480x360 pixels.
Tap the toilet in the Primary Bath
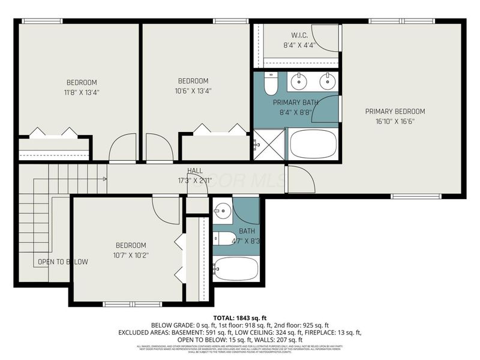(x=270, y=85)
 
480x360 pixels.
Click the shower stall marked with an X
(x=268, y=145)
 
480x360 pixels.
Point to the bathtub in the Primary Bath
(x=313, y=144)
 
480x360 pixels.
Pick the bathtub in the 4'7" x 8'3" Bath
(x=236, y=268)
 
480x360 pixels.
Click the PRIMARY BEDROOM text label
(x=395, y=112)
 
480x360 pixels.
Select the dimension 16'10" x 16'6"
(x=395, y=121)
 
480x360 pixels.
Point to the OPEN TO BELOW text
(x=63, y=262)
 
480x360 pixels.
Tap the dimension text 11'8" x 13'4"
(x=82, y=92)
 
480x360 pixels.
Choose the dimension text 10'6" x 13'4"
(x=193, y=91)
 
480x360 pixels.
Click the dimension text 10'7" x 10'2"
(x=131, y=255)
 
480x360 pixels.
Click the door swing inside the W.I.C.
(x=327, y=38)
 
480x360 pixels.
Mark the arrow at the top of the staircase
(x=104, y=178)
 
